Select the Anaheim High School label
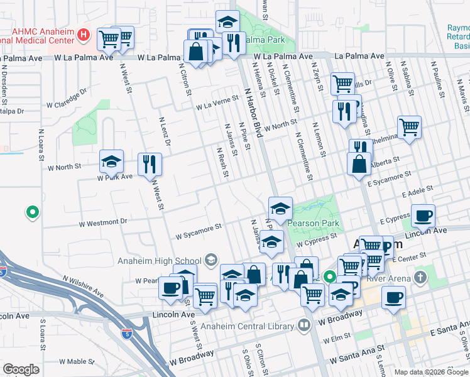point(158,261)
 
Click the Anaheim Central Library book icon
point(304,325)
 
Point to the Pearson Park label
point(314,223)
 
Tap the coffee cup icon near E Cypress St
point(423,216)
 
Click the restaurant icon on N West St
point(150,164)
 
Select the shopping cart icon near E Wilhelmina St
point(409,127)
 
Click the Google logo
point(21,369)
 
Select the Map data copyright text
point(431,372)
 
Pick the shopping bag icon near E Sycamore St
point(358,165)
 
